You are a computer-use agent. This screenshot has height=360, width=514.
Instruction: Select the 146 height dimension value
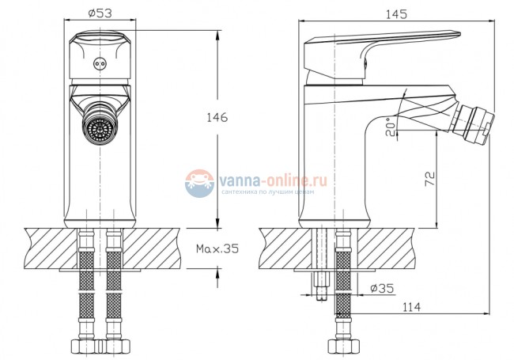pos(214,118)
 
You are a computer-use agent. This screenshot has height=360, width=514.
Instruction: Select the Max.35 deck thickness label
pos(217,248)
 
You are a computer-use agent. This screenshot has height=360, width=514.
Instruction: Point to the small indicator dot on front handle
pos(99,64)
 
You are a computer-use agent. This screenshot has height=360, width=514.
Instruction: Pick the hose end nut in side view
pos(342,344)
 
